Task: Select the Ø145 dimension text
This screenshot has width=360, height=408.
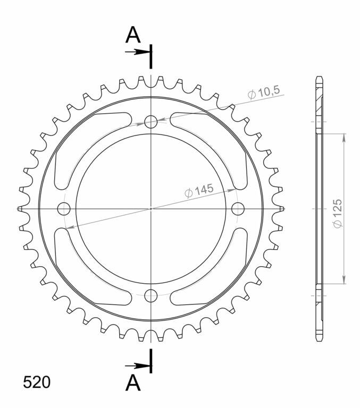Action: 199,191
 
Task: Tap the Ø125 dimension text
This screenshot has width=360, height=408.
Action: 337,214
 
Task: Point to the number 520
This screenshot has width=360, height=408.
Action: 37,382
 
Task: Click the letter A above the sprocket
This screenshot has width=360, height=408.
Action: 133,35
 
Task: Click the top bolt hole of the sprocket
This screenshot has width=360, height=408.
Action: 151,122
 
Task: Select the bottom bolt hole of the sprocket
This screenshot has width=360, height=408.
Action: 151,295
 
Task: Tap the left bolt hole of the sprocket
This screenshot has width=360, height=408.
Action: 64,209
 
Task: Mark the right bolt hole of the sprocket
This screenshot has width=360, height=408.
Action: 238,209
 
